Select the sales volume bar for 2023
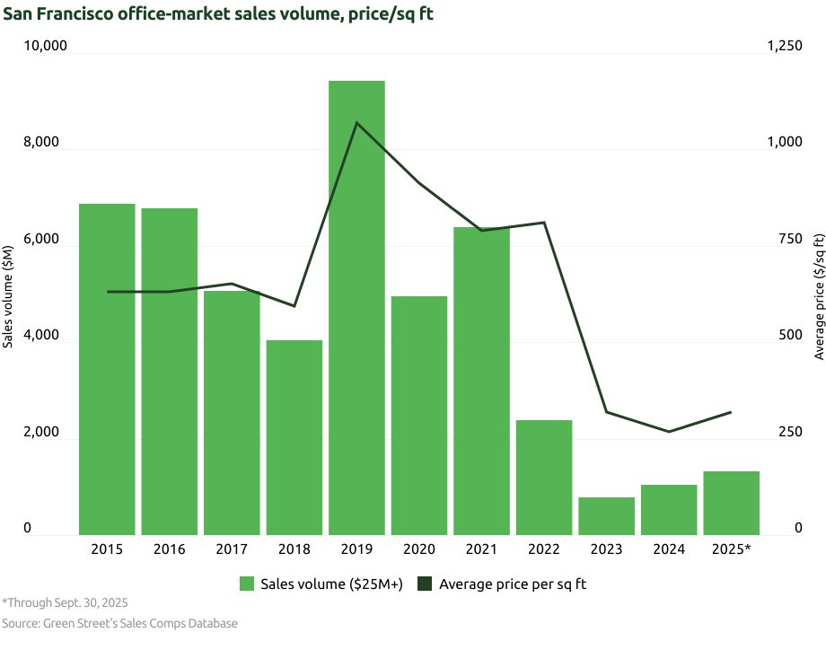click(606, 516)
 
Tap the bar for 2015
click(107, 369)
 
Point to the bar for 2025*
click(731, 503)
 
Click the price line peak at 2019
click(356, 123)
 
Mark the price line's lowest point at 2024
click(669, 432)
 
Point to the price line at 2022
click(544, 223)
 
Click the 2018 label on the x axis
click(294, 549)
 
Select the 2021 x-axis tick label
click(481, 549)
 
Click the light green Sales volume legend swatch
click(247, 584)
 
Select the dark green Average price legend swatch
click(426, 584)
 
